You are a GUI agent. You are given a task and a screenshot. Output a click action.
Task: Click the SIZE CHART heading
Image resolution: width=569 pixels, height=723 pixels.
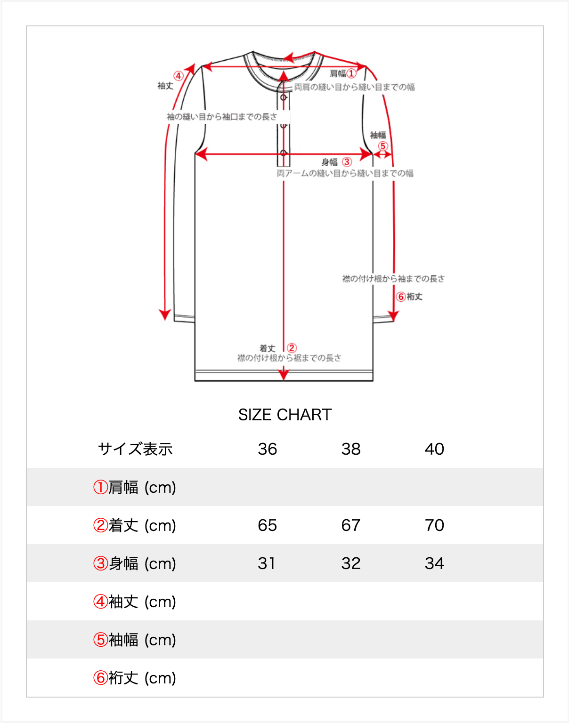click(x=285, y=415)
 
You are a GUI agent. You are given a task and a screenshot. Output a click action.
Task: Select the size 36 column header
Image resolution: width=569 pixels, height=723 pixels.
click(x=268, y=449)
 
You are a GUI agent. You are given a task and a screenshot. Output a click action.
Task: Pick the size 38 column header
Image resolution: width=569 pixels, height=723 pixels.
click(x=351, y=449)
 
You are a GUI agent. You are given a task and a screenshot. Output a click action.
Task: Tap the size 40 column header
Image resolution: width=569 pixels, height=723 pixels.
click(x=434, y=449)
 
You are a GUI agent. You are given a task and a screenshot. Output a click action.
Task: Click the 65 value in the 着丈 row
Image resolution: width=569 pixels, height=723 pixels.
click(x=268, y=525)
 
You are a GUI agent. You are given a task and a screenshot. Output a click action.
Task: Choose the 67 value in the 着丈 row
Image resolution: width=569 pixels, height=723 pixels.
click(x=351, y=525)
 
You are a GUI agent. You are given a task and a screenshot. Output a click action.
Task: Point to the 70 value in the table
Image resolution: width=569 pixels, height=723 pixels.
click(x=434, y=525)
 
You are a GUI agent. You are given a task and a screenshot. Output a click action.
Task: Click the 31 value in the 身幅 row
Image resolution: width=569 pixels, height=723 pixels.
click(x=267, y=563)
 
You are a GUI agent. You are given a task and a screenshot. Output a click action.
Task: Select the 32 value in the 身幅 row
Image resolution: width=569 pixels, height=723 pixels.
click(x=351, y=563)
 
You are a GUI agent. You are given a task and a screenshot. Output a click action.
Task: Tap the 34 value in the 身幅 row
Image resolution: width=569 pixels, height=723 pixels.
click(x=434, y=563)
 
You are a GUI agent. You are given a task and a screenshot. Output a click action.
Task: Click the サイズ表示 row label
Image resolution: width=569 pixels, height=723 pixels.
click(x=135, y=449)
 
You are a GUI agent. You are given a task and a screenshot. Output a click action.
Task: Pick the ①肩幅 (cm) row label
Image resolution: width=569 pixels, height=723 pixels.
click(x=135, y=488)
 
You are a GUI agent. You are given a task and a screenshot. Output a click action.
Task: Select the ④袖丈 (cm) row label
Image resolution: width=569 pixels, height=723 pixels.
click(x=135, y=602)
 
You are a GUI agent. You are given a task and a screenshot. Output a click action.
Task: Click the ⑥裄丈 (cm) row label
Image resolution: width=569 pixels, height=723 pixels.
click(x=135, y=678)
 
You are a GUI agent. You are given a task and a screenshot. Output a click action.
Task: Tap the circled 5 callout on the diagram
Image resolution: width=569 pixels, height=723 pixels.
click(x=382, y=146)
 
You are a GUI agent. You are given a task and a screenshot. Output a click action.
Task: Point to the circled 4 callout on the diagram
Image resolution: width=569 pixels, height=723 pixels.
click(x=178, y=76)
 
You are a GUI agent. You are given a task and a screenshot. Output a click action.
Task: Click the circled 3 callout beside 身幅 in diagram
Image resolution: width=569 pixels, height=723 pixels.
click(x=347, y=162)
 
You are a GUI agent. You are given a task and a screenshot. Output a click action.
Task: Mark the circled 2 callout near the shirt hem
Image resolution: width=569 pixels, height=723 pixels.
click(x=292, y=348)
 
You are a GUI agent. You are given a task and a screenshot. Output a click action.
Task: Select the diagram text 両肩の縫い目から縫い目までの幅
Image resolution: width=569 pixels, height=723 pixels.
click(x=355, y=88)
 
